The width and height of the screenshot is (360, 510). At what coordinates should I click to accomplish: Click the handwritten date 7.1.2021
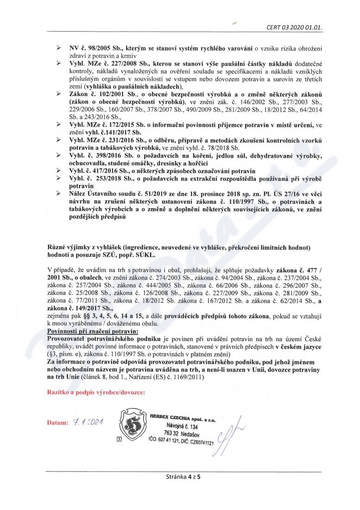[87, 422]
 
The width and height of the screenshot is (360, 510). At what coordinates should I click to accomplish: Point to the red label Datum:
[57, 423]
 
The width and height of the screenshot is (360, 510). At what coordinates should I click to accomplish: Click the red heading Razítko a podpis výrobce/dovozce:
[96, 392]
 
